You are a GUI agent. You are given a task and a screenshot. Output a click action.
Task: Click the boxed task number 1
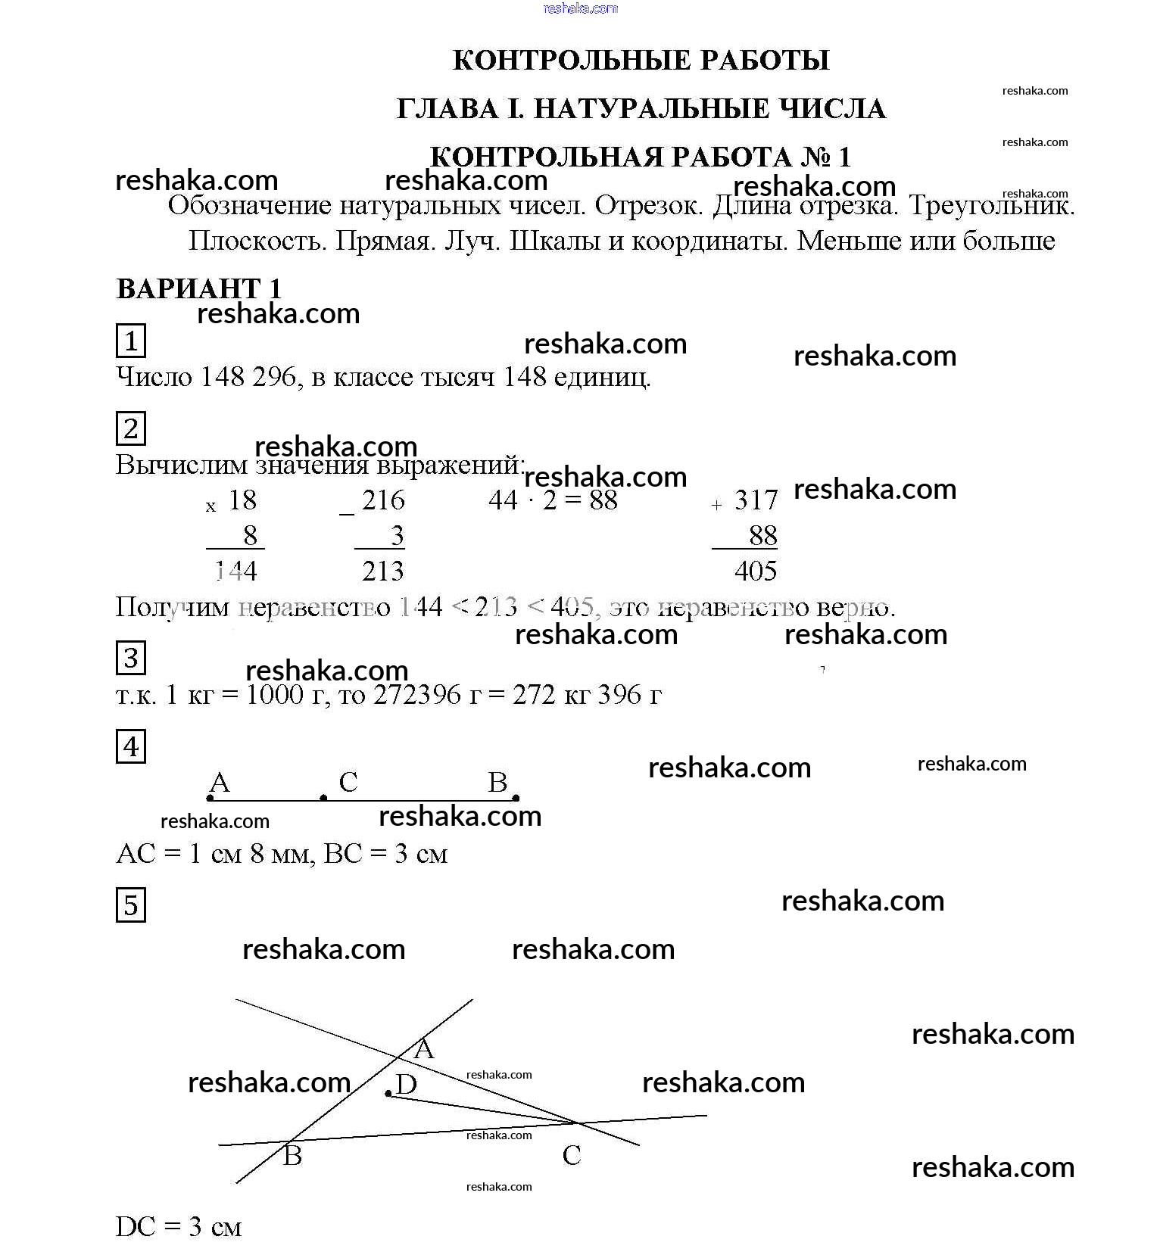[x=131, y=341]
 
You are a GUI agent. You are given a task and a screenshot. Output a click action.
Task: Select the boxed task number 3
[x=131, y=658]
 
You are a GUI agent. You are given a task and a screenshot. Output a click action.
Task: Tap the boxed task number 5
[x=131, y=905]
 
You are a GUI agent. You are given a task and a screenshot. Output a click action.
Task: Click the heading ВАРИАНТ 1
[x=199, y=288]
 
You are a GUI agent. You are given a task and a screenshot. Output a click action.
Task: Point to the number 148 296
[x=248, y=376]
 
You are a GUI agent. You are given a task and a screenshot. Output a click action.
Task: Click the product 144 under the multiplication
[x=236, y=571]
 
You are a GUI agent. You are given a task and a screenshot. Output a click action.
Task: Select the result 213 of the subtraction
[x=383, y=571]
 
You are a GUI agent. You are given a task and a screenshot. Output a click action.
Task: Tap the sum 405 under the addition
[x=755, y=571]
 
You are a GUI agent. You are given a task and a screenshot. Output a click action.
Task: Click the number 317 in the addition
[x=756, y=500]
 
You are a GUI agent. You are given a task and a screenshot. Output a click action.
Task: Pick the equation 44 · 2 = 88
[x=553, y=500]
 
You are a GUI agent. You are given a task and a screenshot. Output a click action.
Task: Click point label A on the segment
[x=220, y=782]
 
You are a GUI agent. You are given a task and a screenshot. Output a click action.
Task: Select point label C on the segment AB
[x=348, y=782]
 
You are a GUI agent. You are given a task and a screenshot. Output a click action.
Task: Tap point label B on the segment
[x=497, y=782]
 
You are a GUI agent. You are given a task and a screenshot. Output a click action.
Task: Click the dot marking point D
[x=388, y=1094]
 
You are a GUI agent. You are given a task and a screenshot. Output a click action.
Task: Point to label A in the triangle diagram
[x=424, y=1048]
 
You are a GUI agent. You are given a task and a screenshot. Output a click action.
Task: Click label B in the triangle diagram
[x=292, y=1156]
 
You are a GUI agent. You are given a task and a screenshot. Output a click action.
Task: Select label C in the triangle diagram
[x=572, y=1155]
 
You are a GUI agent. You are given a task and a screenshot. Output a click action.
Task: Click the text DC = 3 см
[x=179, y=1226]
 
